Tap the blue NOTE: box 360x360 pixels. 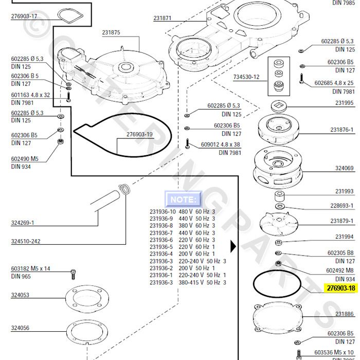tap(183, 199)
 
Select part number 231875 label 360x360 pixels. tap(111, 32)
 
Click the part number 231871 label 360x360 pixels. tap(162, 19)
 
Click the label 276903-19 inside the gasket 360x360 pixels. tap(139, 135)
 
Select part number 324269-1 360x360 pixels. tap(23, 223)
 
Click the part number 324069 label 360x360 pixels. tap(344, 169)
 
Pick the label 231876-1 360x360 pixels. tap(341, 130)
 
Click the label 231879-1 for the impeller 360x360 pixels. tap(341, 221)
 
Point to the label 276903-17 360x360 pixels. tap(24, 16)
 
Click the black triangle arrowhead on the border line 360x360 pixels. tap(233, 246)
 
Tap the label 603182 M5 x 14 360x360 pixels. tap(30, 268)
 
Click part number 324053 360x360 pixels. tap(20, 295)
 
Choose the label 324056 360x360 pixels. tap(20, 328)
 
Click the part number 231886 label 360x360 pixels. tap(344, 314)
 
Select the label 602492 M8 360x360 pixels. tap(339, 270)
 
